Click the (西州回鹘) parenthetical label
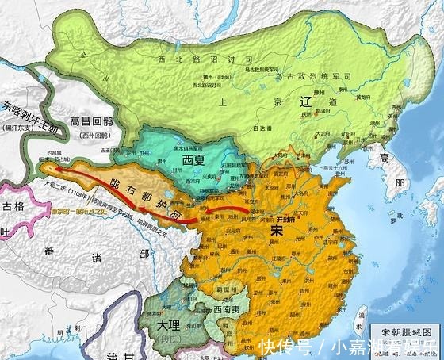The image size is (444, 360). point(94,137)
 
